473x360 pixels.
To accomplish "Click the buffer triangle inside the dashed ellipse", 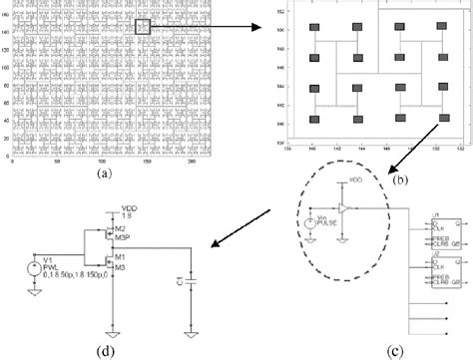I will tap(342, 209).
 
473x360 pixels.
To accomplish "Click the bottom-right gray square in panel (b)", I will tap(440, 119).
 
